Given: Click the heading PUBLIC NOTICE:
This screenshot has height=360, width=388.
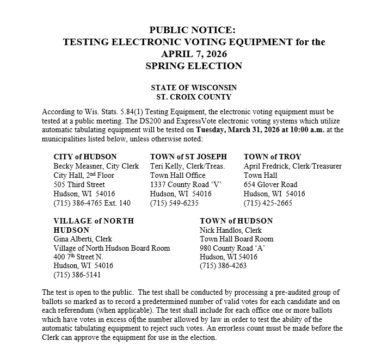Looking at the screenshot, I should coord(194,30).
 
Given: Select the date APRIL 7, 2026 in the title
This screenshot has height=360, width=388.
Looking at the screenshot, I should coord(194,54).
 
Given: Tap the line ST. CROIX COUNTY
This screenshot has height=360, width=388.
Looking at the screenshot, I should coord(194,97).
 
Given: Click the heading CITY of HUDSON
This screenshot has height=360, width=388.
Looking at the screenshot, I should coord(85,157).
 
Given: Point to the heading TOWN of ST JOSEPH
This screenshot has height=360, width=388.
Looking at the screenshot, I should coord(188,157).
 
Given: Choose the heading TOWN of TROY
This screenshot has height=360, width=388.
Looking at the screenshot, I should coord(272,157).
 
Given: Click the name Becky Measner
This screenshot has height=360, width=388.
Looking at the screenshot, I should coord(73,166).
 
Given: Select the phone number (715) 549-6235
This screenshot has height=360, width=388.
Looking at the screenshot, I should coord(174,203).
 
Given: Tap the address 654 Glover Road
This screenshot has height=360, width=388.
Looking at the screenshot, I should coord(270,184).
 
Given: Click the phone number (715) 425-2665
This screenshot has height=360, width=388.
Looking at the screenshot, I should coord(268,203).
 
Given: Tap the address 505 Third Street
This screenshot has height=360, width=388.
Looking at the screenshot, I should coord(79,184).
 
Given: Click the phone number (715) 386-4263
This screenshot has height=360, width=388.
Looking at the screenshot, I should coord(223,266).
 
